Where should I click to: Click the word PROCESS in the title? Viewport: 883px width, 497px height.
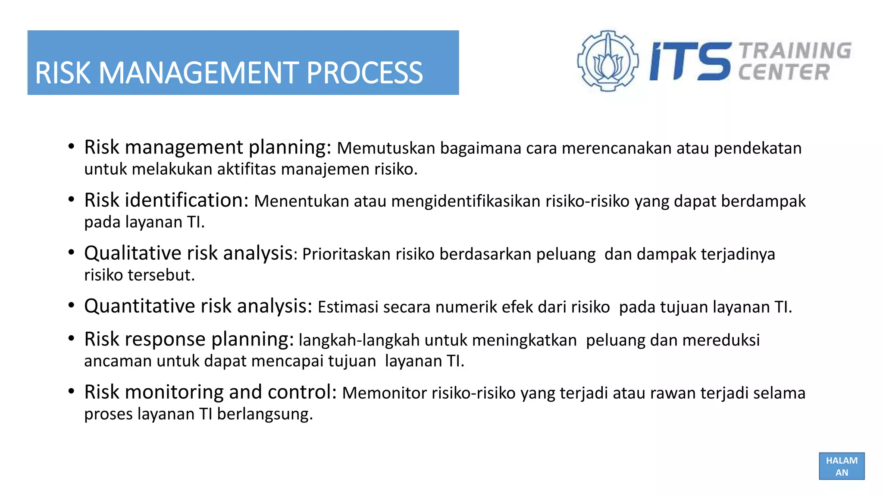pos(364,72)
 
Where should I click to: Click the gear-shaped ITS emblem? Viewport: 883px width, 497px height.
pos(607,61)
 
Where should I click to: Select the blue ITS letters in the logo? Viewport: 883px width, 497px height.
pos(690,61)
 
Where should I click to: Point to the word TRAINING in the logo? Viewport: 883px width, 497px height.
pos(795,50)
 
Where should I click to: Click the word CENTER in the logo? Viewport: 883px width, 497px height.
pos(784,72)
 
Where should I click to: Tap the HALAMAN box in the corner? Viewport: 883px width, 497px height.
pos(841,466)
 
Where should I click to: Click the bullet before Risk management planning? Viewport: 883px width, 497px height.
pos(72,147)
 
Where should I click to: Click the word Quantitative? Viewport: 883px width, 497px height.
pos(140,306)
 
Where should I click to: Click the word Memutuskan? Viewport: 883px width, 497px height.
pos(386,148)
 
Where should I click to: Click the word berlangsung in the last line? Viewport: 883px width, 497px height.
pos(264,414)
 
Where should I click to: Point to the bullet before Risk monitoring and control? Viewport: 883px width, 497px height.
pos(72,392)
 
